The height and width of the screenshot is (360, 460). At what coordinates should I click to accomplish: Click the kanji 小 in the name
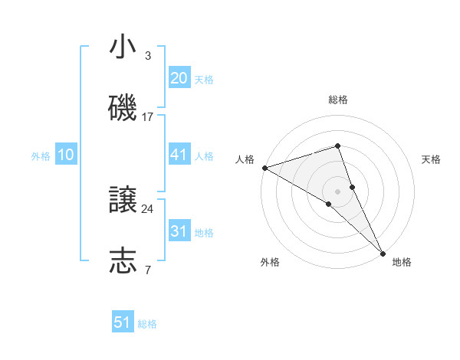pyautogui.click(x=123, y=47)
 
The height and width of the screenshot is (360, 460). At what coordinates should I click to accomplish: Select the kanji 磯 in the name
pyautogui.click(x=123, y=109)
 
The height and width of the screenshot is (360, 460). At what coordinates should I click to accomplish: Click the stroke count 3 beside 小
pyautogui.click(x=147, y=55)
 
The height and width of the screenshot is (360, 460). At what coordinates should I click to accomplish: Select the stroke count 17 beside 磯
pyautogui.click(x=148, y=116)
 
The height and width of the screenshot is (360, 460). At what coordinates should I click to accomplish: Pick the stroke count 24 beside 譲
pyautogui.click(x=148, y=208)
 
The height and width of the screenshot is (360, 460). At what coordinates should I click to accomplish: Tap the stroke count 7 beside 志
pyautogui.click(x=147, y=270)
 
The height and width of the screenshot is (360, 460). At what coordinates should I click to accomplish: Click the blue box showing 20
pyautogui.click(x=179, y=78)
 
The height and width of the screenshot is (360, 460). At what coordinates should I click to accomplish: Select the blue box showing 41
pyautogui.click(x=179, y=155)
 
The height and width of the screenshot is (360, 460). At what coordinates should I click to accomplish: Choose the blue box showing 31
pyautogui.click(x=179, y=231)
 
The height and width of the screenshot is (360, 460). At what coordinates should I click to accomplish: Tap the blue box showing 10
pyautogui.click(x=66, y=155)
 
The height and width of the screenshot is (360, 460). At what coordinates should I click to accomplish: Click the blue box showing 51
pyautogui.click(x=123, y=323)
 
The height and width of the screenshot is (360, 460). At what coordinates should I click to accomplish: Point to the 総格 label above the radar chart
pyautogui.click(x=338, y=100)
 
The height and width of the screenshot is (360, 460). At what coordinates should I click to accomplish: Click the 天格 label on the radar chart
pyautogui.click(x=431, y=159)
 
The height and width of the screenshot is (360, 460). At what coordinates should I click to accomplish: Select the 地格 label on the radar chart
pyautogui.click(x=402, y=262)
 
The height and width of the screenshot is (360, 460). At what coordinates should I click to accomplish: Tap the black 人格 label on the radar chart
pyautogui.click(x=245, y=159)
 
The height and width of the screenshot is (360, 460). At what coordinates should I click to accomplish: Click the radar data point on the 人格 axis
pyautogui.click(x=264, y=167)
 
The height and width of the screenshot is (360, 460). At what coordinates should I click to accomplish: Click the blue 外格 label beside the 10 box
pyautogui.click(x=41, y=156)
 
